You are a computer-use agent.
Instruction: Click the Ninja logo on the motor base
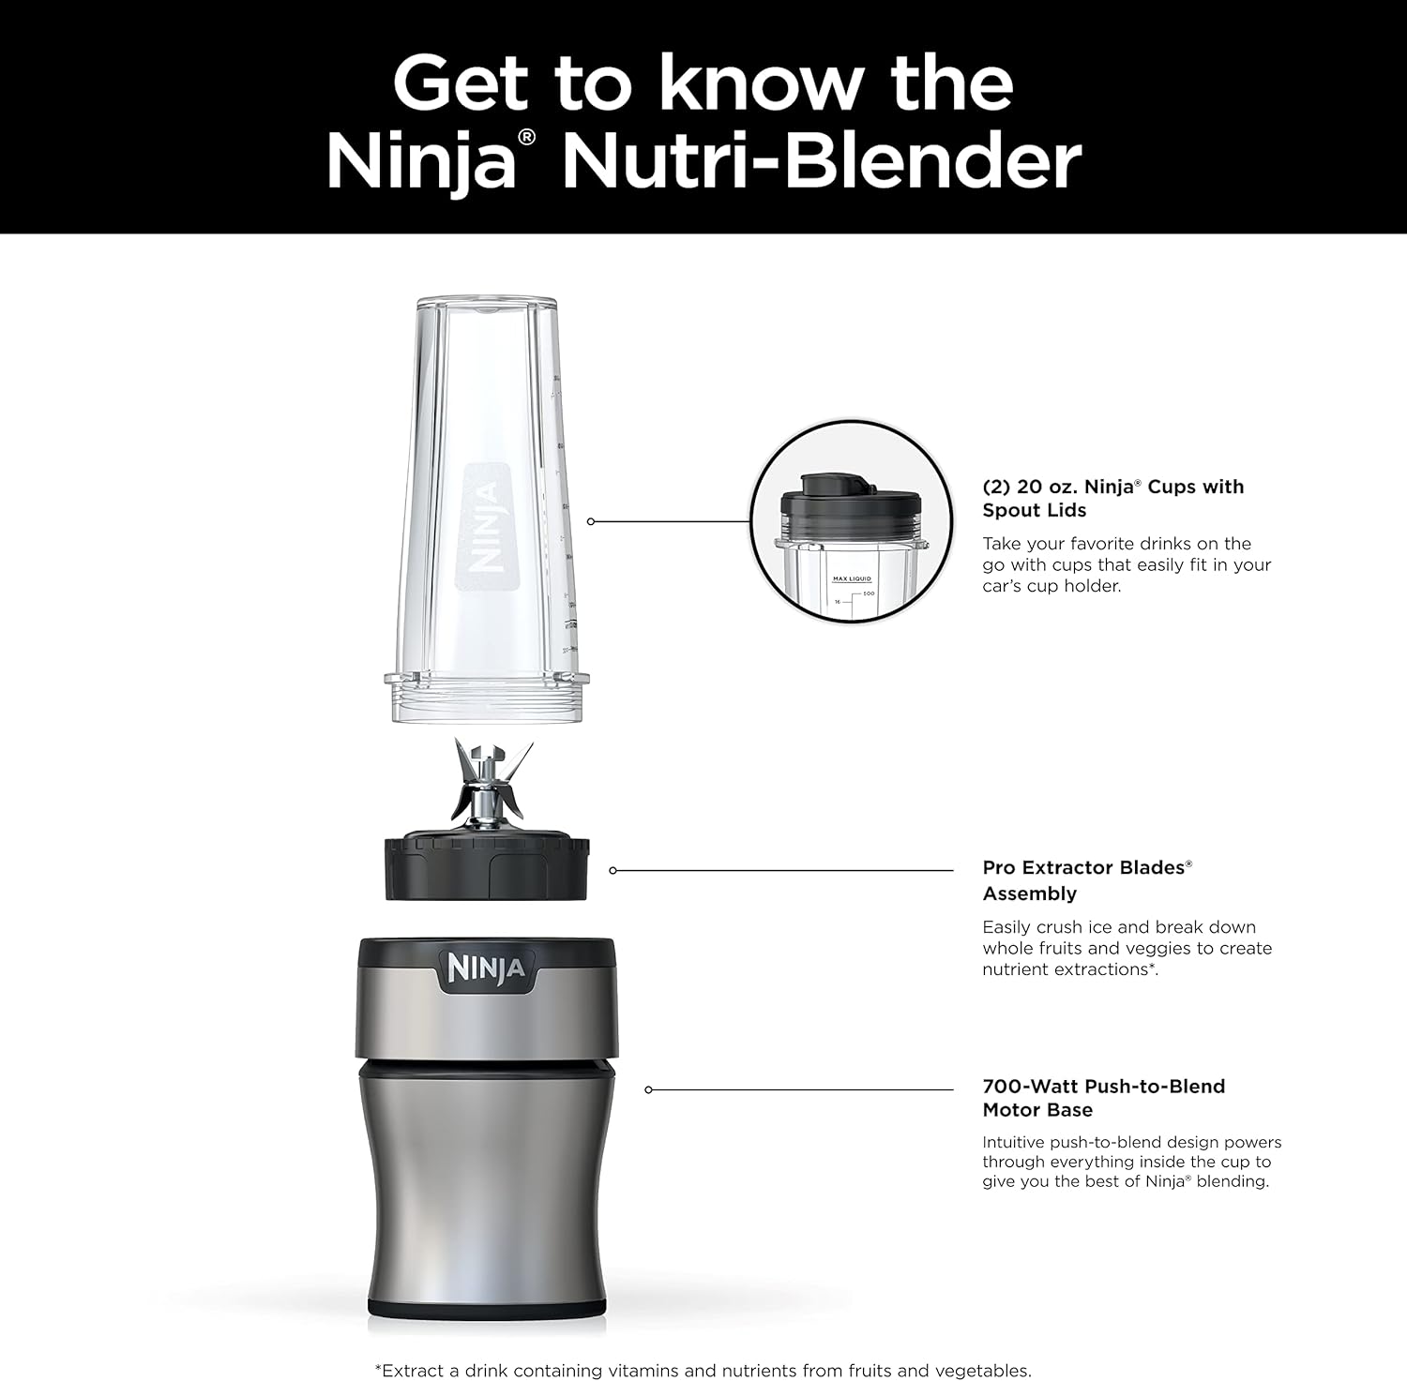pyautogui.click(x=486, y=968)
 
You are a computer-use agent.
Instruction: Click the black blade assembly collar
pyautogui.click(x=487, y=868)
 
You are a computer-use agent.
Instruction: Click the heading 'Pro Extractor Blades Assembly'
pyautogui.click(x=1086, y=880)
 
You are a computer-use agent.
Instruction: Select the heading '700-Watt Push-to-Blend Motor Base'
pyautogui.click(x=1103, y=1098)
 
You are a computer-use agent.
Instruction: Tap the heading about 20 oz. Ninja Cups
pyautogui.click(x=1112, y=498)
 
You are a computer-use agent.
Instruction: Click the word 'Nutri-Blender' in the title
pyautogui.click(x=822, y=162)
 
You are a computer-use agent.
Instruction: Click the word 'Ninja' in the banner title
pyautogui.click(x=422, y=162)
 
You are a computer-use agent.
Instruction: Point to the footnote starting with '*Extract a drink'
pyautogui.click(x=703, y=1370)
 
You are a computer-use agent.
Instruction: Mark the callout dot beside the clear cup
pyautogui.click(x=591, y=521)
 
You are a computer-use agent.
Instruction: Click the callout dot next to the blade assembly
pyautogui.click(x=613, y=871)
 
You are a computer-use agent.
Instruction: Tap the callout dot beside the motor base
pyautogui.click(x=648, y=1089)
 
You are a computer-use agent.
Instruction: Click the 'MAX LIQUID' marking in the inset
pyautogui.click(x=852, y=579)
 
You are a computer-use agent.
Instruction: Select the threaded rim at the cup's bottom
pyautogui.click(x=487, y=698)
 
